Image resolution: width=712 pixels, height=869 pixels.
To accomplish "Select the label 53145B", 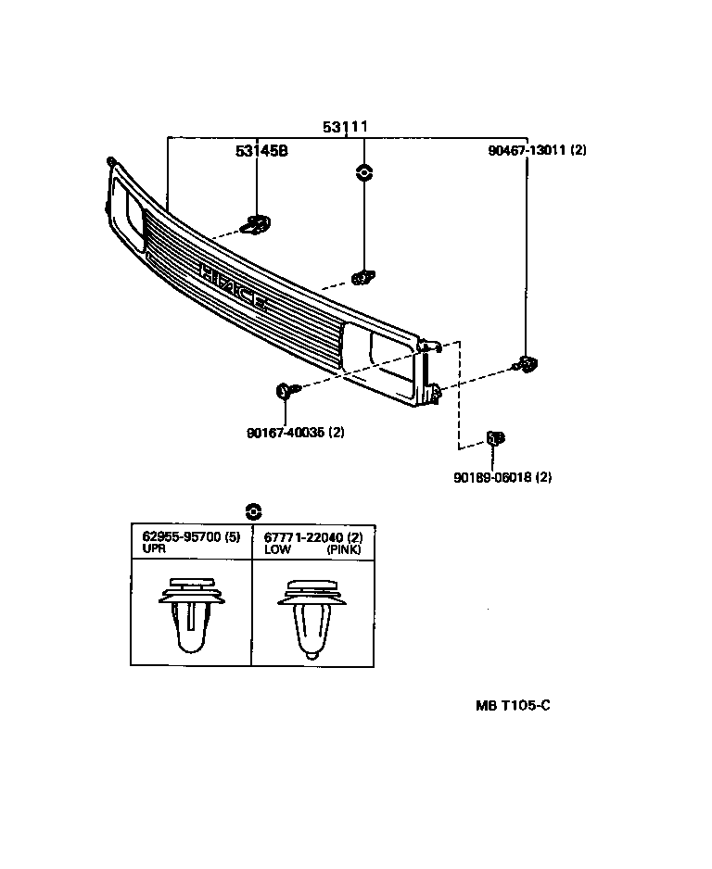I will coord(261,150).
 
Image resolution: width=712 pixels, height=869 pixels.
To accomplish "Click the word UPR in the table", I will coord(153,549).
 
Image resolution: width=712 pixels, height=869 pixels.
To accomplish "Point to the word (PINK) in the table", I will coord(345,549).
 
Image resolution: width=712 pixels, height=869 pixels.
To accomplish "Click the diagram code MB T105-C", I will coord(514,705).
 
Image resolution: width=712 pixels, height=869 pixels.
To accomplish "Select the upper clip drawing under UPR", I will coord(192,615).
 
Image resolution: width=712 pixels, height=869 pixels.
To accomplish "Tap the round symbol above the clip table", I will coord(252,510).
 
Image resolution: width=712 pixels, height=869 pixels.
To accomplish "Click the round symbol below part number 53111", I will coord(363,171).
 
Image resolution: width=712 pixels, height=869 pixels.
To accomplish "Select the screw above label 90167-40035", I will coord(285,392).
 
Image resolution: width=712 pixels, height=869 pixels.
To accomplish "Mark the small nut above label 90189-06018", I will coord(495,437).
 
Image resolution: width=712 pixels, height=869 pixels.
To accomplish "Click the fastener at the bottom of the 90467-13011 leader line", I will coord(527,363).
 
